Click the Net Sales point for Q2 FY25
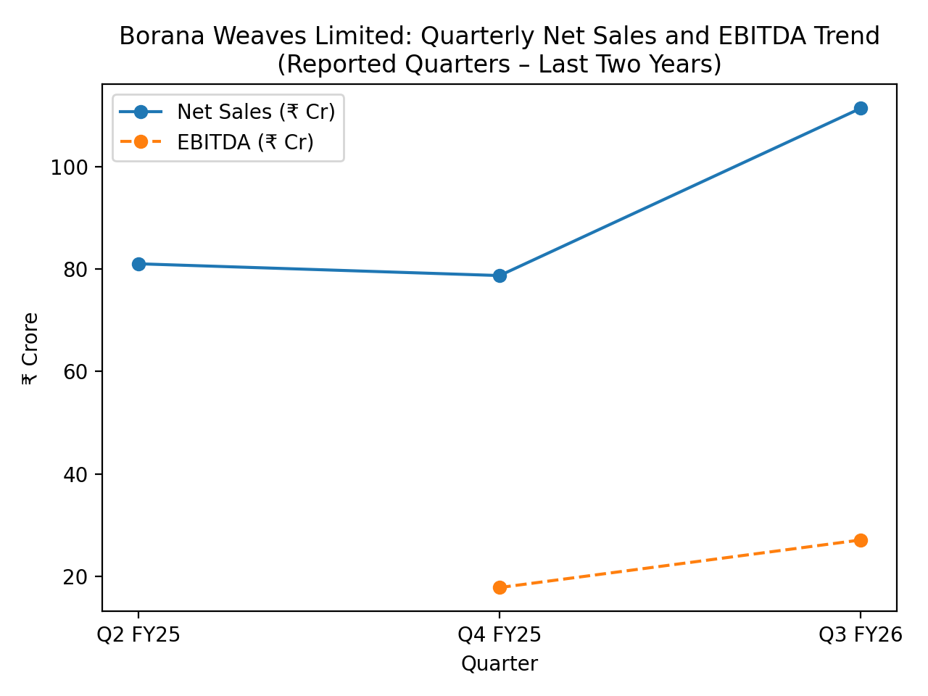tap(138, 264)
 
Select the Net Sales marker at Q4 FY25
tap(500, 275)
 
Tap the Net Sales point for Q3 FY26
tap(861, 109)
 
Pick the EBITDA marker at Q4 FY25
tap(500, 587)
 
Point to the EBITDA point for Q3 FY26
tap(861, 540)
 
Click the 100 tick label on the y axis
tap(69, 167)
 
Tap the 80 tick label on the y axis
tap(74, 270)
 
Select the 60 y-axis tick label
tap(74, 372)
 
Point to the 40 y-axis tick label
tap(74, 475)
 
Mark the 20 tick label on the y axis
tap(74, 577)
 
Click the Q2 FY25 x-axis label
tap(138, 635)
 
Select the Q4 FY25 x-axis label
tap(500, 635)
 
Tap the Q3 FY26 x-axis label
tap(861, 635)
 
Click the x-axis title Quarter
tap(500, 663)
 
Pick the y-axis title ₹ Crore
tap(30, 348)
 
